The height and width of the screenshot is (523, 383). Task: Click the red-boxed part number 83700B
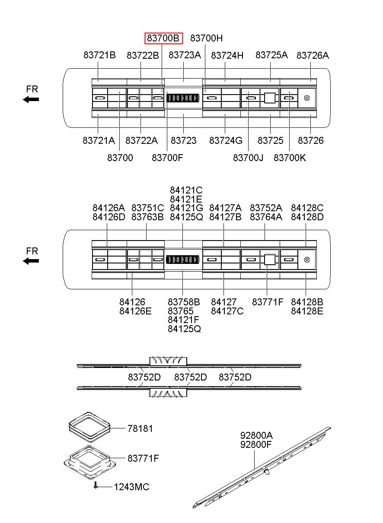point(163,38)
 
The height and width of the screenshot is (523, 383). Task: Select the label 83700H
point(207,38)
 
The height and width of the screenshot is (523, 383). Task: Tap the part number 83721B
point(99,55)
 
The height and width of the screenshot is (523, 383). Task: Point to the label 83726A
point(313,55)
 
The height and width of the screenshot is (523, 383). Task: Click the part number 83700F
point(167,158)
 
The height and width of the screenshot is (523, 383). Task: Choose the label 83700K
point(290,158)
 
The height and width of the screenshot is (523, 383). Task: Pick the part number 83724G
point(226,141)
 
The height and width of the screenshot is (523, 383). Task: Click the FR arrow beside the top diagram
point(31,99)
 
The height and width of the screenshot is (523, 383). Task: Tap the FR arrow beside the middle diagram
point(31,261)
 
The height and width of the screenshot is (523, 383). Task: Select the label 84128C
point(307,208)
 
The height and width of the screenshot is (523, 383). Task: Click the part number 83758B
point(184,302)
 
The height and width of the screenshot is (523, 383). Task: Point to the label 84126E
point(135,311)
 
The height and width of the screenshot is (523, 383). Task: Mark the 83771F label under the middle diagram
point(268,302)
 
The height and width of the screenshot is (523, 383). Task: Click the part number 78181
point(140,429)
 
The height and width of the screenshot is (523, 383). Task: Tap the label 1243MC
point(131,487)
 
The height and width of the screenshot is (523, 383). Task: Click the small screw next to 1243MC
point(95,486)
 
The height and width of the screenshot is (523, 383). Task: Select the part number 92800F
point(256,444)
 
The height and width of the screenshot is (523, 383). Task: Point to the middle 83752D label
point(190,377)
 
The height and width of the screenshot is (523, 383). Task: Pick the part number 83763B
point(147,217)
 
